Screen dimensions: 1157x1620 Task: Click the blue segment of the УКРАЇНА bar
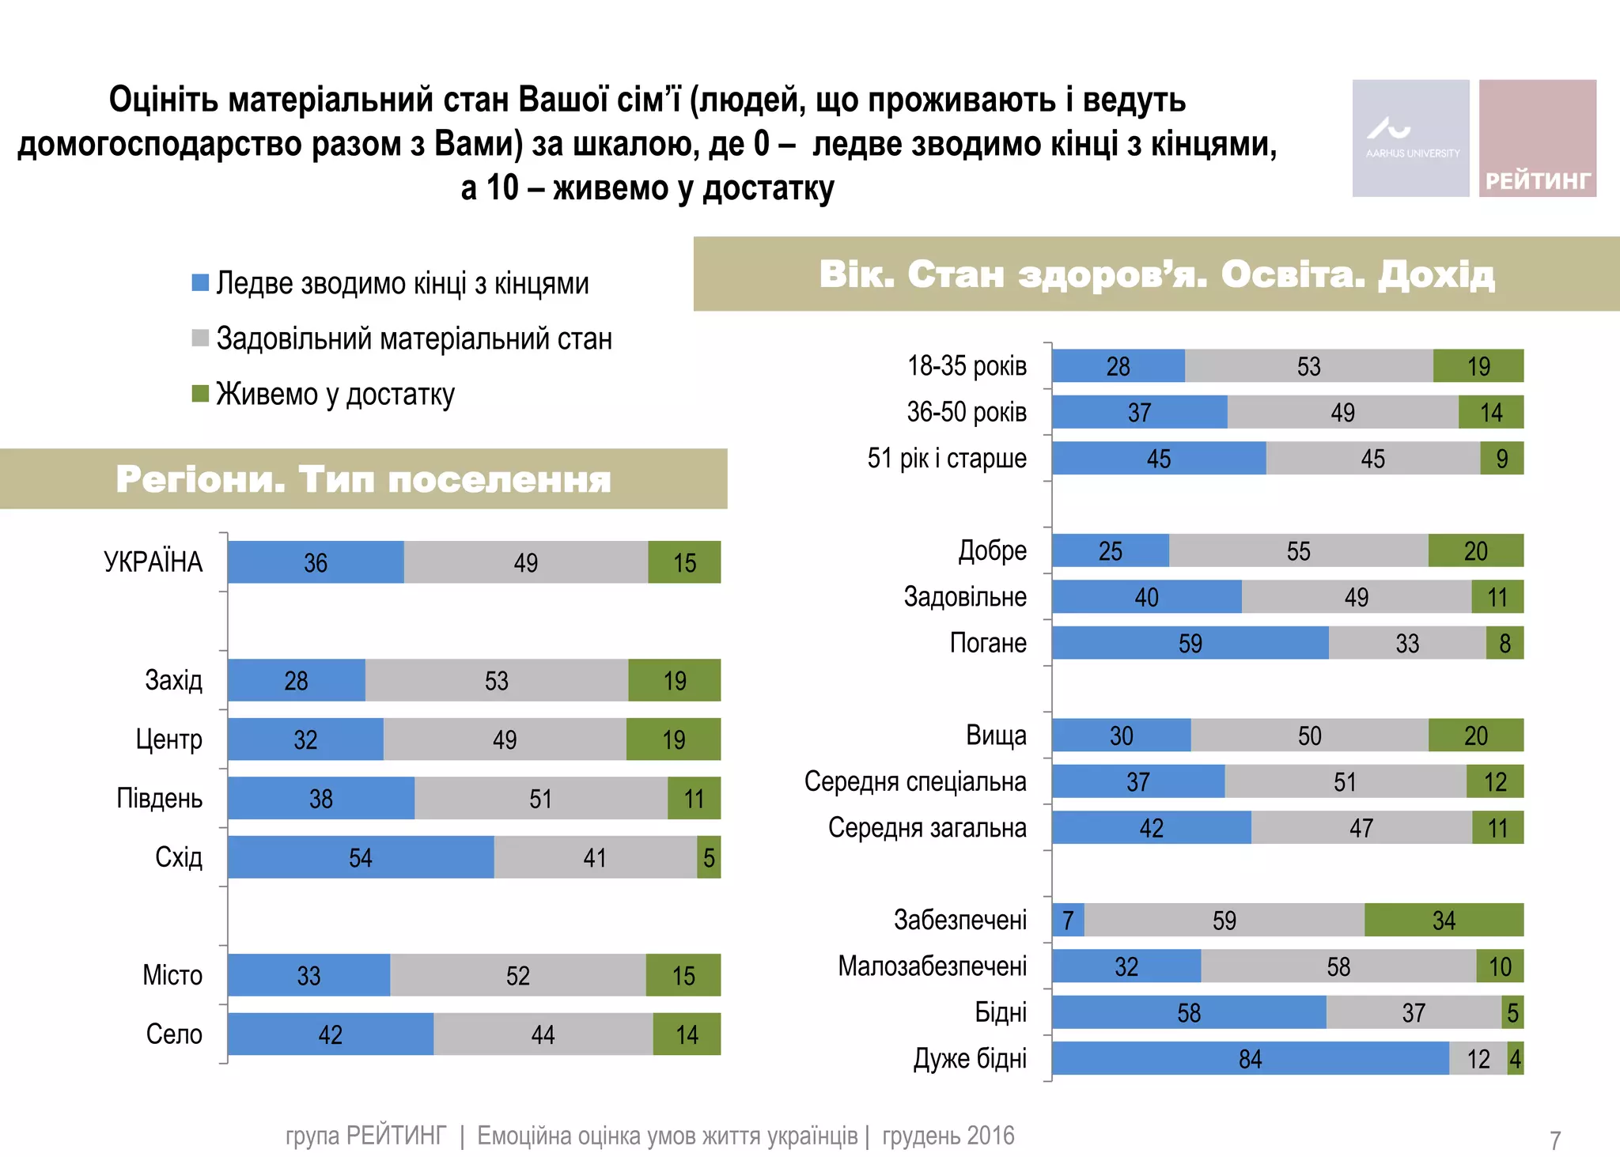pyautogui.click(x=316, y=562)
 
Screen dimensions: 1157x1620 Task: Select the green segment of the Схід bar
pyautogui.click(x=709, y=857)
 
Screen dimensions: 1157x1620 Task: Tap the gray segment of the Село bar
pyautogui.click(x=543, y=1034)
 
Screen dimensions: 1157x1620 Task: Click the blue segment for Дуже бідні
pyautogui.click(x=1250, y=1059)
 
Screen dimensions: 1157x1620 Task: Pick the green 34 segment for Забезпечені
pyautogui.click(x=1444, y=920)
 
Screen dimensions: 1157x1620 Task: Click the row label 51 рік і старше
pyautogui.click(x=947, y=458)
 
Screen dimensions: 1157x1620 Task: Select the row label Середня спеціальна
pyautogui.click(x=915, y=781)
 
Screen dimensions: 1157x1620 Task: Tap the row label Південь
pyautogui.click(x=160, y=798)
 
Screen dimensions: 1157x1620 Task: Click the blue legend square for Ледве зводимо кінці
pyautogui.click(x=200, y=282)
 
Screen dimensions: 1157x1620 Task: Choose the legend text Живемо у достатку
pyautogui.click(x=335, y=394)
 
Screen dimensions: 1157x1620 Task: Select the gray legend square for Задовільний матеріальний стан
pyautogui.click(x=200, y=338)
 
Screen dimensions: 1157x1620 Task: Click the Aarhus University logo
pyautogui.click(x=1410, y=138)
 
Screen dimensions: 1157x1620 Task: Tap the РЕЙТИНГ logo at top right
pyautogui.click(x=1537, y=138)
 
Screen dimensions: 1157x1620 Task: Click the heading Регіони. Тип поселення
pyautogui.click(x=363, y=479)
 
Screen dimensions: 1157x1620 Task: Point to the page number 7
pyautogui.click(x=1554, y=1140)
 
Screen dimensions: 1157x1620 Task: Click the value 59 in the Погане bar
pyautogui.click(x=1190, y=643)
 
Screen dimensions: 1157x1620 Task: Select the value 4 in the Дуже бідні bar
pyautogui.click(x=1515, y=1059)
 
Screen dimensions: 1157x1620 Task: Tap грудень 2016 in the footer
pyautogui.click(x=948, y=1136)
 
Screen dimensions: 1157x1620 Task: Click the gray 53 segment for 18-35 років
pyautogui.click(x=1308, y=366)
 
